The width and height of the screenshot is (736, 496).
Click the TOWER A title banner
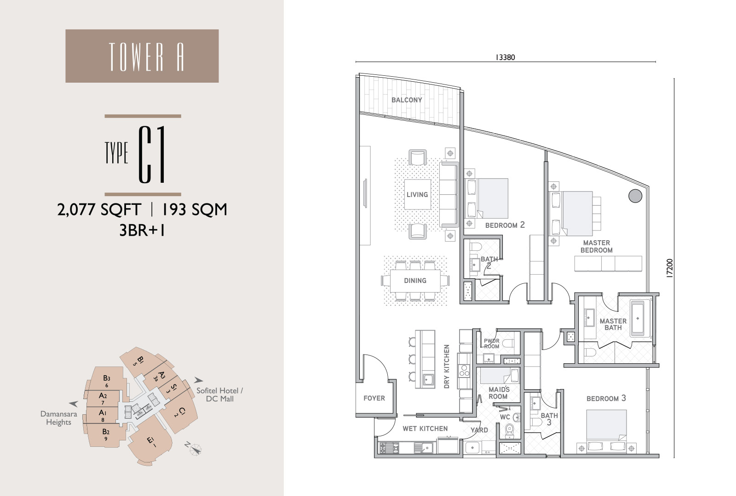click(x=142, y=56)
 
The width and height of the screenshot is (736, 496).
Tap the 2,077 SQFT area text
click(x=99, y=209)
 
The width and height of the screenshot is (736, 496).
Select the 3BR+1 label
click(x=142, y=230)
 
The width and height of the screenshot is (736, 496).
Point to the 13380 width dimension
click(x=506, y=57)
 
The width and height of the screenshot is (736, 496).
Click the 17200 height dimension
click(x=670, y=268)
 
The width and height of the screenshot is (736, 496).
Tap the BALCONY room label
click(x=407, y=100)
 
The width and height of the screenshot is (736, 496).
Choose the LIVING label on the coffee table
click(x=417, y=195)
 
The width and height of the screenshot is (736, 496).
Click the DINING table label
click(x=415, y=281)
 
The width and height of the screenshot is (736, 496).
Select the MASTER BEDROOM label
click(x=596, y=246)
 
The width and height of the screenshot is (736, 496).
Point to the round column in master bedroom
click(x=635, y=196)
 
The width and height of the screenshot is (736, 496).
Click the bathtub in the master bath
click(x=638, y=318)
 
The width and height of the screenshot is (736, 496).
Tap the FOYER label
click(x=374, y=398)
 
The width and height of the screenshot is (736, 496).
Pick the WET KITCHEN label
click(x=425, y=429)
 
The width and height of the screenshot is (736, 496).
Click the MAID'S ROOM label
click(x=499, y=393)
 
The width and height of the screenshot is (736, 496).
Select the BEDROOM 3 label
click(x=606, y=398)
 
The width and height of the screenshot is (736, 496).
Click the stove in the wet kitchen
click(x=389, y=448)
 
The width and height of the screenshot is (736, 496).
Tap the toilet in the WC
click(x=509, y=430)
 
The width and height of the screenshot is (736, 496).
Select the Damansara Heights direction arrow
click(x=73, y=404)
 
